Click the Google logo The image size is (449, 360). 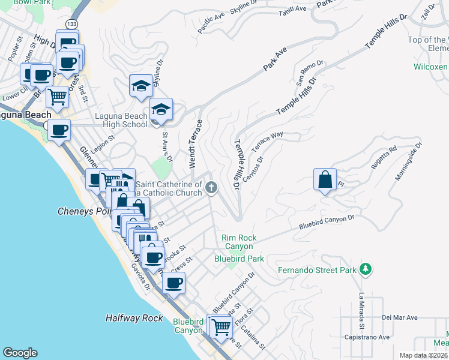(20, 353)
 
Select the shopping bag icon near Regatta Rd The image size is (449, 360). (324, 180)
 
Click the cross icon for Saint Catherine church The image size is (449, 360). (211, 188)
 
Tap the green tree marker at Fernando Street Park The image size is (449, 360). (365, 269)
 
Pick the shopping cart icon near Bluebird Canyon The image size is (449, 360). (221, 327)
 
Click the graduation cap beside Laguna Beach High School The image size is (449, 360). (160, 110)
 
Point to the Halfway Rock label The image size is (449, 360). (134, 318)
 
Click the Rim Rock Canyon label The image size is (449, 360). (239, 242)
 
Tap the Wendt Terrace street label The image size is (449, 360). (193, 144)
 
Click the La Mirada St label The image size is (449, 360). (362, 311)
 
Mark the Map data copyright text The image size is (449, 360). (423, 355)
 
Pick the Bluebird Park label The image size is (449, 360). (239, 259)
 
